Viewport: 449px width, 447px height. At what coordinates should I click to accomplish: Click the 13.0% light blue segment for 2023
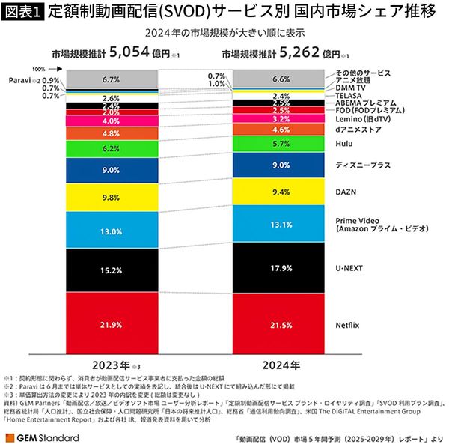(x=110, y=231)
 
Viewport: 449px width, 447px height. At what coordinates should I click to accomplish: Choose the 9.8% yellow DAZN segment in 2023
(x=110, y=198)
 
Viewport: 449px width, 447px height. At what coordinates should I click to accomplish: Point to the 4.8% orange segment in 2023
(x=110, y=133)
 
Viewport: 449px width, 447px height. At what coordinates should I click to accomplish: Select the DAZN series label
(x=347, y=192)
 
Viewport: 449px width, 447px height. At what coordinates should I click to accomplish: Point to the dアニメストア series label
(x=358, y=129)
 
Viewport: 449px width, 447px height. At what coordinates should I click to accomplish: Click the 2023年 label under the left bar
(x=109, y=365)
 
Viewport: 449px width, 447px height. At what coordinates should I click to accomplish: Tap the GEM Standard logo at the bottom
(x=43, y=437)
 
